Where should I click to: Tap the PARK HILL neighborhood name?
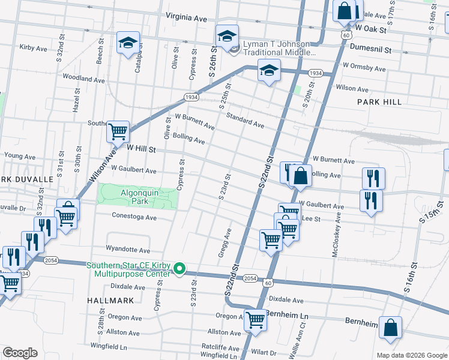tap(379, 102)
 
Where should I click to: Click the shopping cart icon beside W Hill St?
tap(118, 131)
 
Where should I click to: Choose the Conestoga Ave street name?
tap(134, 217)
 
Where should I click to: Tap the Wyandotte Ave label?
tap(128, 249)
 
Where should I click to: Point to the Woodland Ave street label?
tap(83, 79)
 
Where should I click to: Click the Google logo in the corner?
tap(20, 352)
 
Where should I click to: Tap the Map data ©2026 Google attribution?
tap(411, 355)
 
